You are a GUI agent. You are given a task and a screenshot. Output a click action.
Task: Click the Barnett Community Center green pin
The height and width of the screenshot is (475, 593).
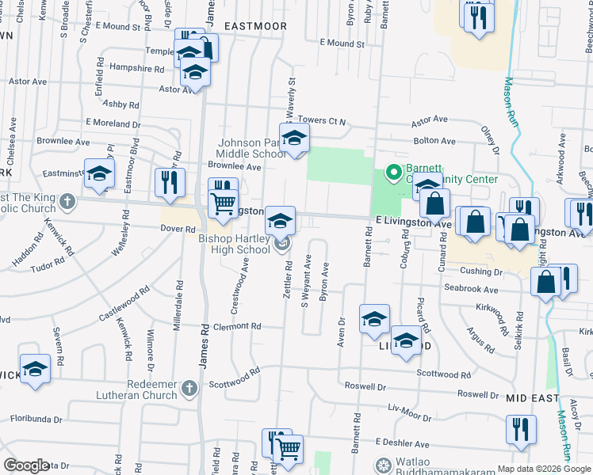coord(391,171)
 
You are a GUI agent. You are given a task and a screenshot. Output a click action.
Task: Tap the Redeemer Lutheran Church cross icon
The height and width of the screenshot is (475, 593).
coord(189,388)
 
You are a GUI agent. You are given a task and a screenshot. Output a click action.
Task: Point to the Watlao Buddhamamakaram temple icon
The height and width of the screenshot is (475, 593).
coord(383,464)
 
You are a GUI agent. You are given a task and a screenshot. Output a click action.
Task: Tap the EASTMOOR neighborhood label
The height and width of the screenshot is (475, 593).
coord(254,26)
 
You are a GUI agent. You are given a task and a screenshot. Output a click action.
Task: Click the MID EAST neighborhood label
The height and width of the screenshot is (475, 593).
coord(532,398)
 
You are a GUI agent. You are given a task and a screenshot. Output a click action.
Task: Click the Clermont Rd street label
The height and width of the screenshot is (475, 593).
coord(236,326)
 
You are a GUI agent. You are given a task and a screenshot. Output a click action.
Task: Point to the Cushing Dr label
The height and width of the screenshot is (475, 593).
coord(483,272)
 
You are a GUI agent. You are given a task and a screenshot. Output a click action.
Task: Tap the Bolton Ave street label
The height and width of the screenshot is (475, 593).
coord(434,141)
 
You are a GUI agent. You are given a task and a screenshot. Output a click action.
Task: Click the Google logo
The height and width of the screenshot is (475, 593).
coord(26,465)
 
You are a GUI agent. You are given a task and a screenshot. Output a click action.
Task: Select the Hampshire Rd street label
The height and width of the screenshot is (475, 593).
coord(136,69)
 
